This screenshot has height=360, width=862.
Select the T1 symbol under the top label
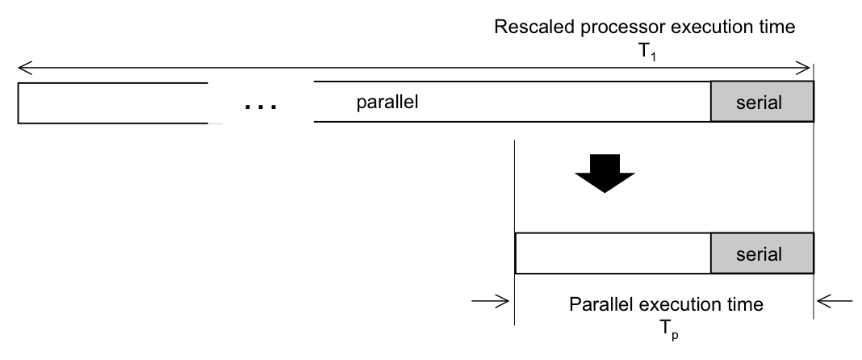(x=647, y=52)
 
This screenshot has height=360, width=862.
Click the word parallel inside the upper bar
(x=387, y=102)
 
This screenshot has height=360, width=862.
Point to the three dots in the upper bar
(x=261, y=106)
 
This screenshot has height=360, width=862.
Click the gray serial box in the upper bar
(x=762, y=102)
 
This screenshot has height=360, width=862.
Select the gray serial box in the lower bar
(x=762, y=253)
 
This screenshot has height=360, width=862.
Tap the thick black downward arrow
(x=605, y=174)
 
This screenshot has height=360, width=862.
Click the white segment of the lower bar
(x=613, y=253)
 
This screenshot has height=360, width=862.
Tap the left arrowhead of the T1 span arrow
(x=25, y=68)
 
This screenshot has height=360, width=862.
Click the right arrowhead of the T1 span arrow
(x=803, y=68)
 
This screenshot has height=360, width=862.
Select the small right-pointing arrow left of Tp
(x=491, y=301)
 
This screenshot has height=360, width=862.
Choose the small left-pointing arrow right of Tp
(x=835, y=301)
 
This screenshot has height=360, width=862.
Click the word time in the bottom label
(x=744, y=304)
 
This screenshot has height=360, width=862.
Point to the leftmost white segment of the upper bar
(x=113, y=103)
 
